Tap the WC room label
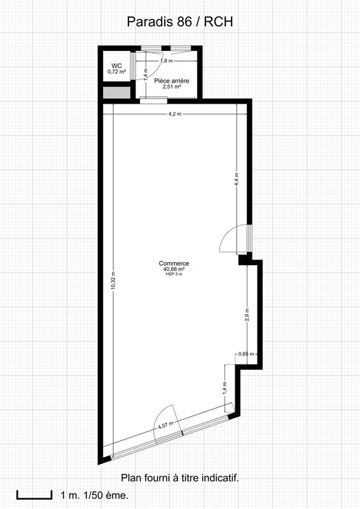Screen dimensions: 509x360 click(116, 66)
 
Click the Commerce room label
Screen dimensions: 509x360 click(174, 263)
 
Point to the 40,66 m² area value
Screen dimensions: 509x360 click(174, 269)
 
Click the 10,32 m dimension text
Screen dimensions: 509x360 click(113, 281)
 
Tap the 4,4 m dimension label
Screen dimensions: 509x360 click(236, 179)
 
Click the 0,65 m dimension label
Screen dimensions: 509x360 click(246, 354)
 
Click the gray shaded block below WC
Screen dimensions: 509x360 click(116, 92)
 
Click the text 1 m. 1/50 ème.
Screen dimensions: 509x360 click(94, 495)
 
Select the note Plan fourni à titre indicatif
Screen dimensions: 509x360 click(179, 477)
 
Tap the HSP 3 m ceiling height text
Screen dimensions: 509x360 click(174, 274)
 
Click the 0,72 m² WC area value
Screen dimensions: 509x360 click(116, 72)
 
